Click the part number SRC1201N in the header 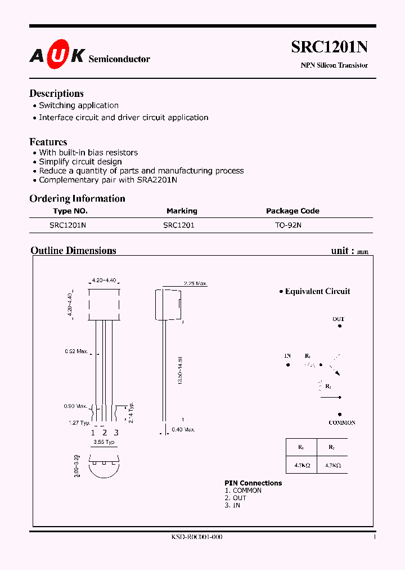[329, 48]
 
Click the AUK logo [57, 55]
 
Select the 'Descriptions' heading [56, 93]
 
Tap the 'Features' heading [48, 142]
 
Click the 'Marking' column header [182, 211]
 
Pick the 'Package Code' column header [292, 211]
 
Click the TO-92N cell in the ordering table [289, 225]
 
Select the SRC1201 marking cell [179, 225]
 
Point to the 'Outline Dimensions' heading [73, 251]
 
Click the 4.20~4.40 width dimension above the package [103, 280]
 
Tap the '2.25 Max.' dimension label [196, 284]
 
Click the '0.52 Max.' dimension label [76, 351]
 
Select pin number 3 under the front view [116, 433]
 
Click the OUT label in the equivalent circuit [338, 319]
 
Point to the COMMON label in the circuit [342, 422]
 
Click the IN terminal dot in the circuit [288, 364]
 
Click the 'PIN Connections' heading [253, 483]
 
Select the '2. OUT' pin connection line [236, 498]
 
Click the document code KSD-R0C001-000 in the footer [197, 537]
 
